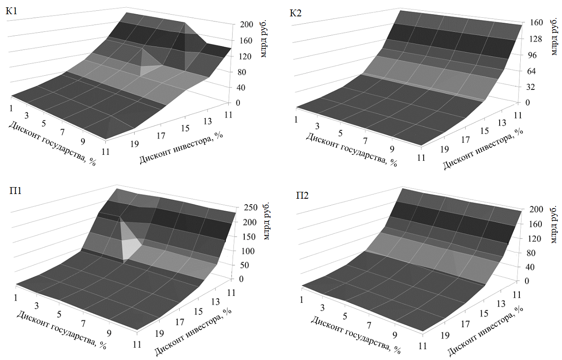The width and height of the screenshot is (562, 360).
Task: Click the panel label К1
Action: [11, 12]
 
